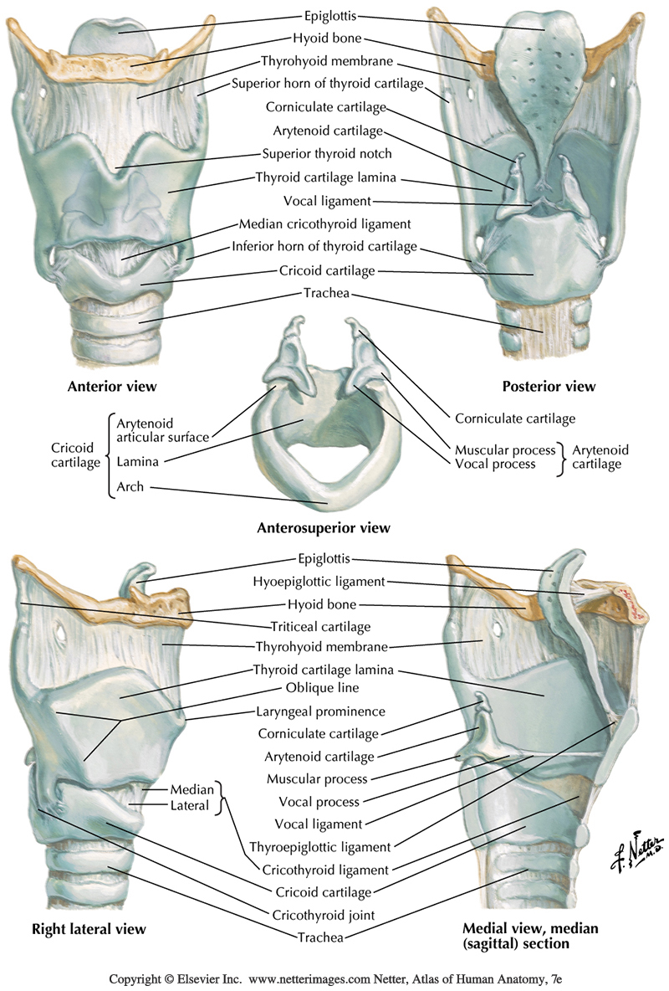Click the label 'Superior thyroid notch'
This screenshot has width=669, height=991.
pos(327,154)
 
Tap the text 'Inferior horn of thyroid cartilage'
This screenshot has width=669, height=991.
pos(324,249)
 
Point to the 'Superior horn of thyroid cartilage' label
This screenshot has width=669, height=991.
pos(327,84)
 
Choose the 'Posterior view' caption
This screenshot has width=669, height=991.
pos(549,387)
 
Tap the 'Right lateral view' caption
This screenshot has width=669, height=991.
pos(89,929)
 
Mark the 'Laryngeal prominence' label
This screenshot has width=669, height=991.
pos(320,711)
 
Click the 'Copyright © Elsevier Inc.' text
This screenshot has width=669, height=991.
pos(175,977)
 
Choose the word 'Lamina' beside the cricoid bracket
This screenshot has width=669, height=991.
pos(138,460)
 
